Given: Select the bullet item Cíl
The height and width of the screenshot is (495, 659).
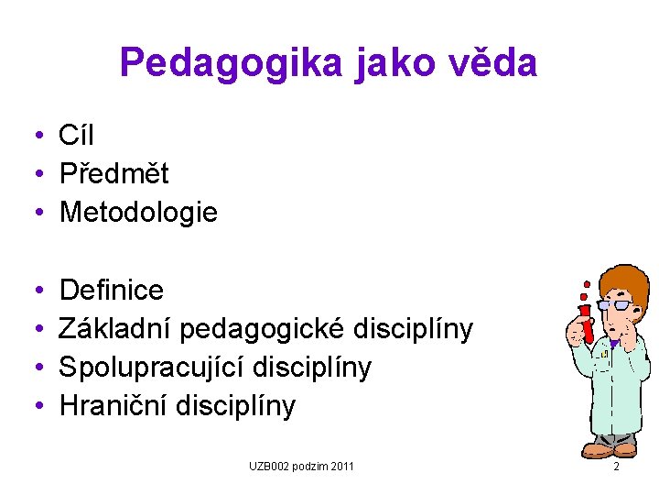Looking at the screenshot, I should tap(76, 136).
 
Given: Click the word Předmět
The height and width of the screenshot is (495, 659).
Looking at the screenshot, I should tap(113, 174).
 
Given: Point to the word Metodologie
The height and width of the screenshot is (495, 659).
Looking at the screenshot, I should tap(138, 213).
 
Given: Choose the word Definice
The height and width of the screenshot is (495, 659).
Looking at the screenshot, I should tap(111, 291).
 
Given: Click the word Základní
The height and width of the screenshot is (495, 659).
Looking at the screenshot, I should tap(115, 329).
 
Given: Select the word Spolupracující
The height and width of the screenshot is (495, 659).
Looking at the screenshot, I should tap(146, 367).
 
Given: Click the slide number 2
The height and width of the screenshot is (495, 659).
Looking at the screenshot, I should tap(616, 467).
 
